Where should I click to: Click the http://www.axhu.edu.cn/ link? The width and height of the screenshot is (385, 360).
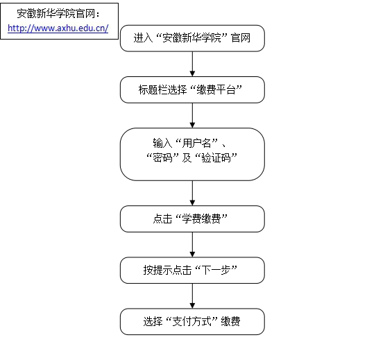(x=58, y=28)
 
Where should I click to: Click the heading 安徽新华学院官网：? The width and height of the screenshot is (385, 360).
(x=58, y=14)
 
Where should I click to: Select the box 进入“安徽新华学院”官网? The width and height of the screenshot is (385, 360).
(x=192, y=38)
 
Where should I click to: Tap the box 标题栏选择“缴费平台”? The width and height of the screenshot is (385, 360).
(x=192, y=89)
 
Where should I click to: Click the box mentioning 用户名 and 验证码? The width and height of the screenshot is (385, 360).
(x=192, y=154)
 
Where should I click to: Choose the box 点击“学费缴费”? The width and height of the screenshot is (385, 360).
(x=192, y=218)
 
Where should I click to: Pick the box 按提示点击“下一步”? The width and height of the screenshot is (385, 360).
(x=192, y=271)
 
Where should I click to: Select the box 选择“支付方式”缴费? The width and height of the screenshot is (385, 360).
(x=192, y=322)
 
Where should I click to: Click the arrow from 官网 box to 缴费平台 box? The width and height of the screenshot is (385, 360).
(x=192, y=64)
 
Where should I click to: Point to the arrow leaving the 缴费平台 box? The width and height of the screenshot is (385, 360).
(x=192, y=115)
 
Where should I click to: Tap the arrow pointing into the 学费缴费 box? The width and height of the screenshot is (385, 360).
(x=192, y=194)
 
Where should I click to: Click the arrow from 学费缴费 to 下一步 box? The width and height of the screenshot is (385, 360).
(x=192, y=245)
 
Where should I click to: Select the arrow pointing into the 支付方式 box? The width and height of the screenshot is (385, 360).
(x=192, y=296)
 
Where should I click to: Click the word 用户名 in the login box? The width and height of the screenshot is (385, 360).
(x=196, y=143)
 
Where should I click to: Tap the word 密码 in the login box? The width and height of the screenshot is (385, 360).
(x=162, y=157)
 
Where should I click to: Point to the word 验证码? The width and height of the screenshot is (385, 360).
(x=216, y=157)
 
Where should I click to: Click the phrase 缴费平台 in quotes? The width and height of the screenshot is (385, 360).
(x=216, y=89)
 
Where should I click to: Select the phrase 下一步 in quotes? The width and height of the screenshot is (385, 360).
(x=216, y=270)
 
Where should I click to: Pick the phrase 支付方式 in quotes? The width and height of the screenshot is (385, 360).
(x=191, y=321)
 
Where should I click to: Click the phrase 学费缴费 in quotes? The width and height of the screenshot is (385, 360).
(x=201, y=218)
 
